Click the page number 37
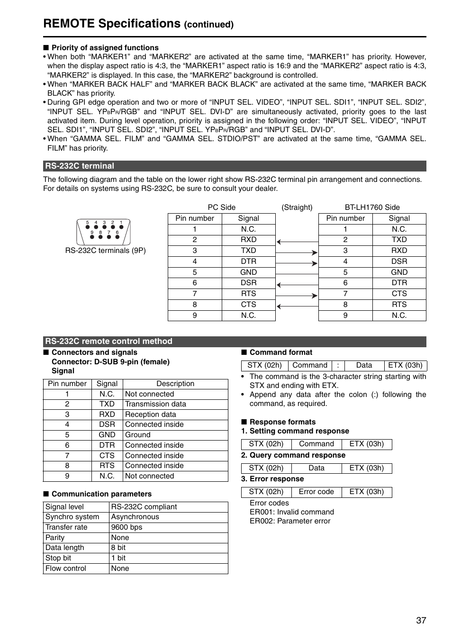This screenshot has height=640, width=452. (x=421, y=620)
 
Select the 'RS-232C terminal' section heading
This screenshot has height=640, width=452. (x=80, y=166)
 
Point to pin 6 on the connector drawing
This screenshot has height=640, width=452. (x=117, y=236)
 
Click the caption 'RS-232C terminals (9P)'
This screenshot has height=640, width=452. (x=105, y=251)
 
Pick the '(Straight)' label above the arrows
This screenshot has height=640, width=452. (x=297, y=207)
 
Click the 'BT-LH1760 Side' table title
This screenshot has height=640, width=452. (x=372, y=207)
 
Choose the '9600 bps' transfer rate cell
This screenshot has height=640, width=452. (x=127, y=527)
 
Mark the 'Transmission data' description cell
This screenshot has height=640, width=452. (x=155, y=404)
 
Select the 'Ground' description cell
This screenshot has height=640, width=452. (x=137, y=435)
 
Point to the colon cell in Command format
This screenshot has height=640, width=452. (x=338, y=365)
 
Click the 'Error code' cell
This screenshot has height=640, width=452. (x=316, y=492)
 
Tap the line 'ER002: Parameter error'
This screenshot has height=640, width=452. (x=290, y=521)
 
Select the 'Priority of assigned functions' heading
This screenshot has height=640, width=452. (x=105, y=48)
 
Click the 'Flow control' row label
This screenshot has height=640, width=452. (x=66, y=568)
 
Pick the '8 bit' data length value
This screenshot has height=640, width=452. (x=118, y=548)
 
